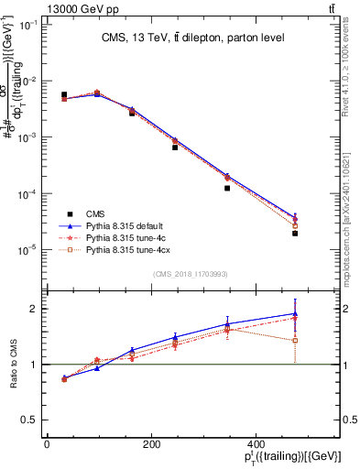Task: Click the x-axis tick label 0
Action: click(x=47, y=444)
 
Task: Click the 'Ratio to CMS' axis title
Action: click(x=13, y=365)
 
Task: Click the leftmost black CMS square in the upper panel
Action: click(x=63, y=94)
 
